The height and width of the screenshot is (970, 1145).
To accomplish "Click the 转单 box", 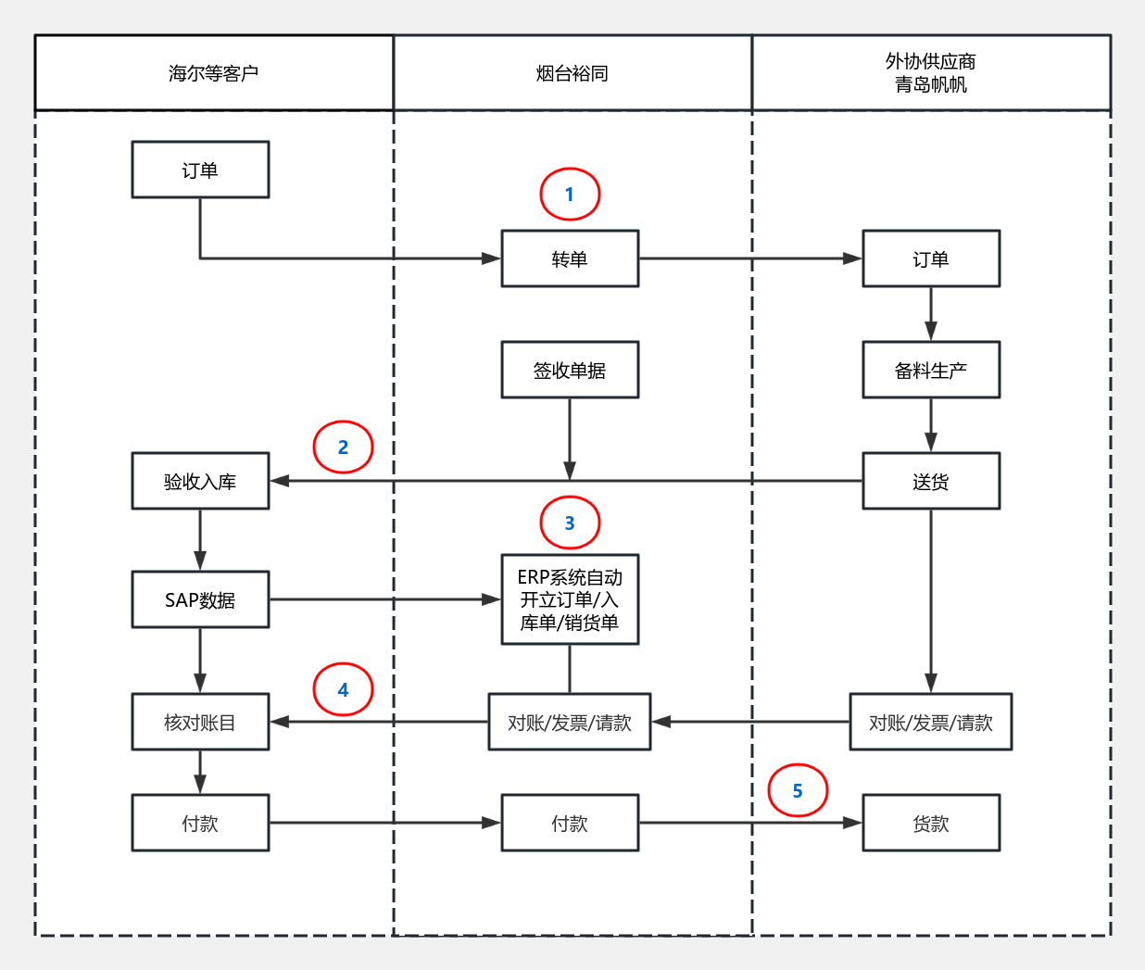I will [570, 258].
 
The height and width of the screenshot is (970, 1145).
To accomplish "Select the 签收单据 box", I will [570, 370].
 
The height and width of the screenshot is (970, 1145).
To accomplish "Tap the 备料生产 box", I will [931, 370].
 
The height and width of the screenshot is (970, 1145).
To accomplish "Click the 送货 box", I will [931, 481].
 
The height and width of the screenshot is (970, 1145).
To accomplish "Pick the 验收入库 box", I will [200, 481].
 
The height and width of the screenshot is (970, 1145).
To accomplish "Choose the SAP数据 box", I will [200, 599].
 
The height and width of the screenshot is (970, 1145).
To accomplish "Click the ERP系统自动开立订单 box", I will [570, 599].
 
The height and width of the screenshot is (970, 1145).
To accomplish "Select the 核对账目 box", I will [200, 722].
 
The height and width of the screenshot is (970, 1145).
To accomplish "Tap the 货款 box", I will [931, 823].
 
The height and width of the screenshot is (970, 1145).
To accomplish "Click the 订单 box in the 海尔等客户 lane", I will [200, 170].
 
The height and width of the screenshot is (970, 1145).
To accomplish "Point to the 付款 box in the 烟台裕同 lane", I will [570, 823].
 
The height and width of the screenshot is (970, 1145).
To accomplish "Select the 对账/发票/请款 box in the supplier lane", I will [931, 722].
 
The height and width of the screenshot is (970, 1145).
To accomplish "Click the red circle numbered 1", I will [570, 195].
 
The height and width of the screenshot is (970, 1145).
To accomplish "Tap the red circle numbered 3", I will [570, 523].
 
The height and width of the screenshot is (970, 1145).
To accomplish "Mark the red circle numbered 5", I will [798, 790].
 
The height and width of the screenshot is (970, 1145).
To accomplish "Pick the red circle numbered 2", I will [343, 447].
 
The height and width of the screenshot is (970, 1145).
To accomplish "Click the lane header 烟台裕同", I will [572, 73].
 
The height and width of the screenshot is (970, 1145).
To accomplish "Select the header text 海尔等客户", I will [213, 73].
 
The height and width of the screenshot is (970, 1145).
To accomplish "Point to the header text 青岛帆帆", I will [931, 85].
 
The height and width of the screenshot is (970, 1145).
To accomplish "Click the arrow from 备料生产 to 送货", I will [931, 425].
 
